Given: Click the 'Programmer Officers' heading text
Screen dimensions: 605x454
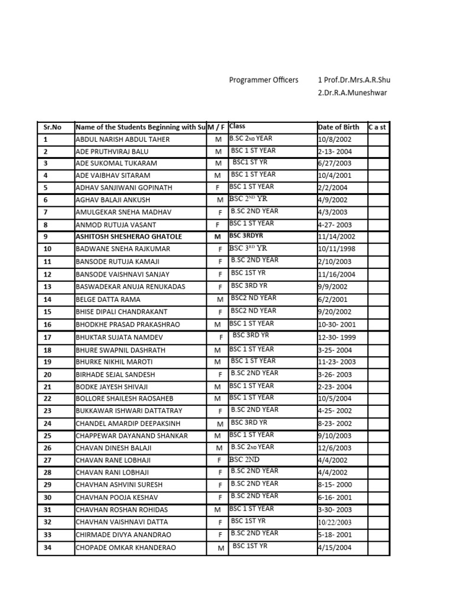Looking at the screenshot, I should [x=264, y=80].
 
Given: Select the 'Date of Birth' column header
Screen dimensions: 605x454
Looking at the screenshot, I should [x=338, y=127].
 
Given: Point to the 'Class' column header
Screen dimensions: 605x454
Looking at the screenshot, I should [x=237, y=126].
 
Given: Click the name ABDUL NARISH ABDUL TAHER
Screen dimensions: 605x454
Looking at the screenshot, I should [x=122, y=139].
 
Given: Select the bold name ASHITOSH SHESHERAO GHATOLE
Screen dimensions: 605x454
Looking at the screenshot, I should [x=129, y=236].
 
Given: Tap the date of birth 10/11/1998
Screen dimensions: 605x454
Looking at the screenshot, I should [x=336, y=249].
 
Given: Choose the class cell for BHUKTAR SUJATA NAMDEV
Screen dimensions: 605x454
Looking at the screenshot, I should [x=250, y=336].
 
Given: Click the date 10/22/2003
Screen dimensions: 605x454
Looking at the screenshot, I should [x=335, y=522].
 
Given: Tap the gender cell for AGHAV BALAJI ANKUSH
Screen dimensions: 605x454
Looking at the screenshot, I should [x=220, y=200].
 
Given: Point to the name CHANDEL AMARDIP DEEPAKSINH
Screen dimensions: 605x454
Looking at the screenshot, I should [x=128, y=424].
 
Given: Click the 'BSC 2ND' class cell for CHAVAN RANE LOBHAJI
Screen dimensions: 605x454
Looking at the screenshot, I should [x=244, y=459].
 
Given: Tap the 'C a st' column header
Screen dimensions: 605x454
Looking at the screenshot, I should [x=377, y=127].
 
